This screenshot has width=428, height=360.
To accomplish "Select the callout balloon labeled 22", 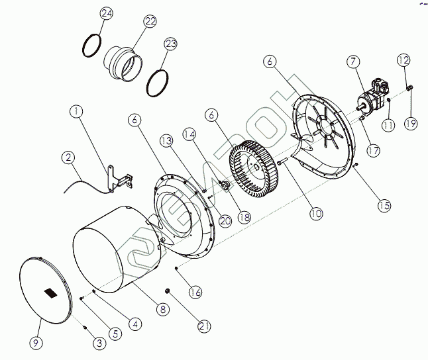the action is click(150, 21).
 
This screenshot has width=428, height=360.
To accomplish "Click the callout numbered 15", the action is click(384, 205).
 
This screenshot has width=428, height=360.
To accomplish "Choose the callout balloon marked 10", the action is click(315, 213).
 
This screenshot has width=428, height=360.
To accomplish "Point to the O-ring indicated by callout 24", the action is click(92, 46).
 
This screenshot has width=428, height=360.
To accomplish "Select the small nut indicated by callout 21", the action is click(167, 291).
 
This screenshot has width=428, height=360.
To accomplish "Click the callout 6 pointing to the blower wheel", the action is click(212, 114).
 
